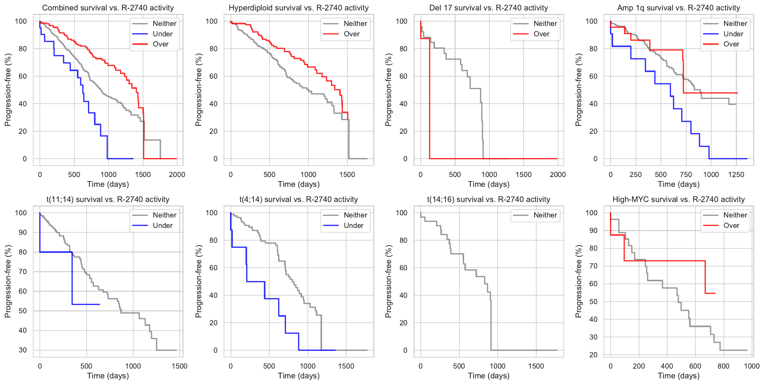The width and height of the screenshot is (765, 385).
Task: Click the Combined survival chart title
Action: (108, 8)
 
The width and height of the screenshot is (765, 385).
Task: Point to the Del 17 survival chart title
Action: (488, 8)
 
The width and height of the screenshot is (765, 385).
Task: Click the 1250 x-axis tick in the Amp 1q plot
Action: (736, 175)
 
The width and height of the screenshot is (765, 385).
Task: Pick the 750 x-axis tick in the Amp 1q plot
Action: (686, 175)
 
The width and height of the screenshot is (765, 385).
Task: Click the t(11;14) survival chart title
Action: (108, 199)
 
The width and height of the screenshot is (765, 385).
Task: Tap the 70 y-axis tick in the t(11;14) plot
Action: (23, 272)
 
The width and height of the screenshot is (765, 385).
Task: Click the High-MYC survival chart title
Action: (679, 199)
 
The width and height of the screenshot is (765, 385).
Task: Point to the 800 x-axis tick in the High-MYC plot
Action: (724, 366)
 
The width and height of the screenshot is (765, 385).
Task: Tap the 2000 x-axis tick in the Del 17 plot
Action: (557, 175)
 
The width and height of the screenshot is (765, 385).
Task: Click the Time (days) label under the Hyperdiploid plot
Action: (299, 184)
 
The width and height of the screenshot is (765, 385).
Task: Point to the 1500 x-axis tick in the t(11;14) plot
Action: (179, 366)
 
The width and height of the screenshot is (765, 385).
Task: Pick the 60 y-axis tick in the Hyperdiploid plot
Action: (214, 76)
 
